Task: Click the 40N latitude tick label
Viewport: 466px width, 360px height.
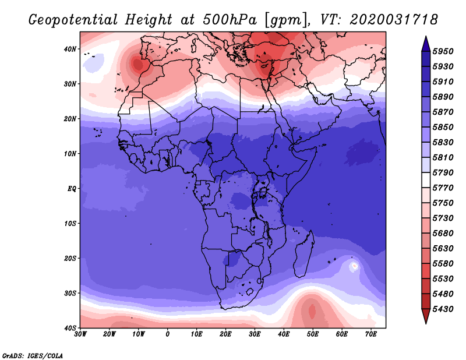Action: tap(70, 49)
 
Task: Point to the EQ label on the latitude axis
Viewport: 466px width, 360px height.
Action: tap(72, 189)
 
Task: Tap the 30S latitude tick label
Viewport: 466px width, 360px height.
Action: tap(70, 294)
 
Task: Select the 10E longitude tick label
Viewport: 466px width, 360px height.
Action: tap(196, 334)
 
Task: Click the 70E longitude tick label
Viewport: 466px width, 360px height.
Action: tap(371, 334)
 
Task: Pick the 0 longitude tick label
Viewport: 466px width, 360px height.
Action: tap(168, 334)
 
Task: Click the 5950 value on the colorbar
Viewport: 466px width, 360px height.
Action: tap(443, 51)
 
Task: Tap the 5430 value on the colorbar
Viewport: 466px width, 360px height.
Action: tap(443, 309)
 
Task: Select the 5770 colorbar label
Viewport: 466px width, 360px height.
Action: tap(443, 188)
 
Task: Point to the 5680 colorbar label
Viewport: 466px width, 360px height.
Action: tap(443, 234)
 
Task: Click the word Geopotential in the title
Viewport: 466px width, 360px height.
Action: tap(73, 20)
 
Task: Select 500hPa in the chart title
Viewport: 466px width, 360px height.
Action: tap(230, 20)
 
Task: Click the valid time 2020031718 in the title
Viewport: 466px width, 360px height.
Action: tap(394, 20)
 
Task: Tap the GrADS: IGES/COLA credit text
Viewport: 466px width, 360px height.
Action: tap(33, 356)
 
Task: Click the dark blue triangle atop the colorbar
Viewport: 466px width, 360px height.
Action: tap(426, 44)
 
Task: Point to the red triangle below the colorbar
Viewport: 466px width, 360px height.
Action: tap(426, 316)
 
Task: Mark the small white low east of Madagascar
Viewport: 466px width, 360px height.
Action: tap(354, 266)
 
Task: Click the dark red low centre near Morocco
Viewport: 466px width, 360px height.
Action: tap(137, 64)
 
